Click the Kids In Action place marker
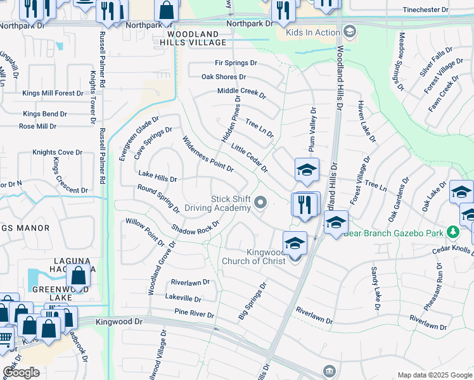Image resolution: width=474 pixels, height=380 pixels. click(349, 32)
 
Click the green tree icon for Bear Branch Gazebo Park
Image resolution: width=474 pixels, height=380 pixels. click(453, 232)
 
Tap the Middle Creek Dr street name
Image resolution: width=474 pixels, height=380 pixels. click(241, 92)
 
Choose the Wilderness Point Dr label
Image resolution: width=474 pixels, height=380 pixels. click(208, 155)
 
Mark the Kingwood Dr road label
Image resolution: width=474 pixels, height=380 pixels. click(120, 322)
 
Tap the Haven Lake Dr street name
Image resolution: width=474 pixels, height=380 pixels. click(366, 122)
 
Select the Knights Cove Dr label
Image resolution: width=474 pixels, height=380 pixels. click(58, 153)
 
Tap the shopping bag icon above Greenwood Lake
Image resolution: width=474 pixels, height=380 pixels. click(79, 275)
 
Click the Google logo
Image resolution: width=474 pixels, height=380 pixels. click(21, 372)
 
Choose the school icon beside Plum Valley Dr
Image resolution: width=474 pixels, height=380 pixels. click(306, 170)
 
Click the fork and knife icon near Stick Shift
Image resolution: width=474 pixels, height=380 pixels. click(305, 204)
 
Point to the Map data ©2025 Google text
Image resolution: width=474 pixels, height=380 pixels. click(434, 375)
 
